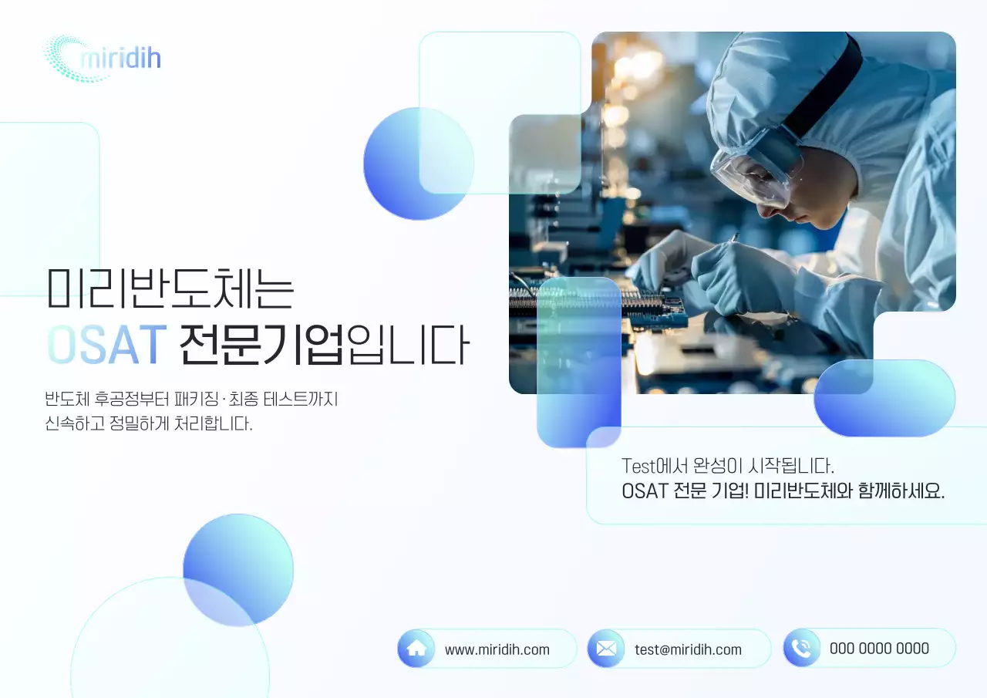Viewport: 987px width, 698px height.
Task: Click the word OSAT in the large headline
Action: (x=106, y=345)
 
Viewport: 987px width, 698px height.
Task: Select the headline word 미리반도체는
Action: (x=170, y=288)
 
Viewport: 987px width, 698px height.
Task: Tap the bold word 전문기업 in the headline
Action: (x=261, y=345)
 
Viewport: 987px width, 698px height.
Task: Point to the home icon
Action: (x=416, y=648)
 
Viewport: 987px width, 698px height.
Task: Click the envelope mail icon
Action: (x=606, y=649)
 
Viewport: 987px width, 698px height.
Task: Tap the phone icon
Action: (x=802, y=648)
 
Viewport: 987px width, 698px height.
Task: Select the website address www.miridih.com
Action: (x=497, y=649)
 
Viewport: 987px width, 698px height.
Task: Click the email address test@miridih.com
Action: (x=688, y=649)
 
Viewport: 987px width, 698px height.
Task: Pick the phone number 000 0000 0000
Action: (x=879, y=649)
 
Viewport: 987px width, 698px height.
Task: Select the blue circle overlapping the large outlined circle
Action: (x=238, y=569)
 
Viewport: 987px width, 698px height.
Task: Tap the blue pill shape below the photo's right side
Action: (x=884, y=398)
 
